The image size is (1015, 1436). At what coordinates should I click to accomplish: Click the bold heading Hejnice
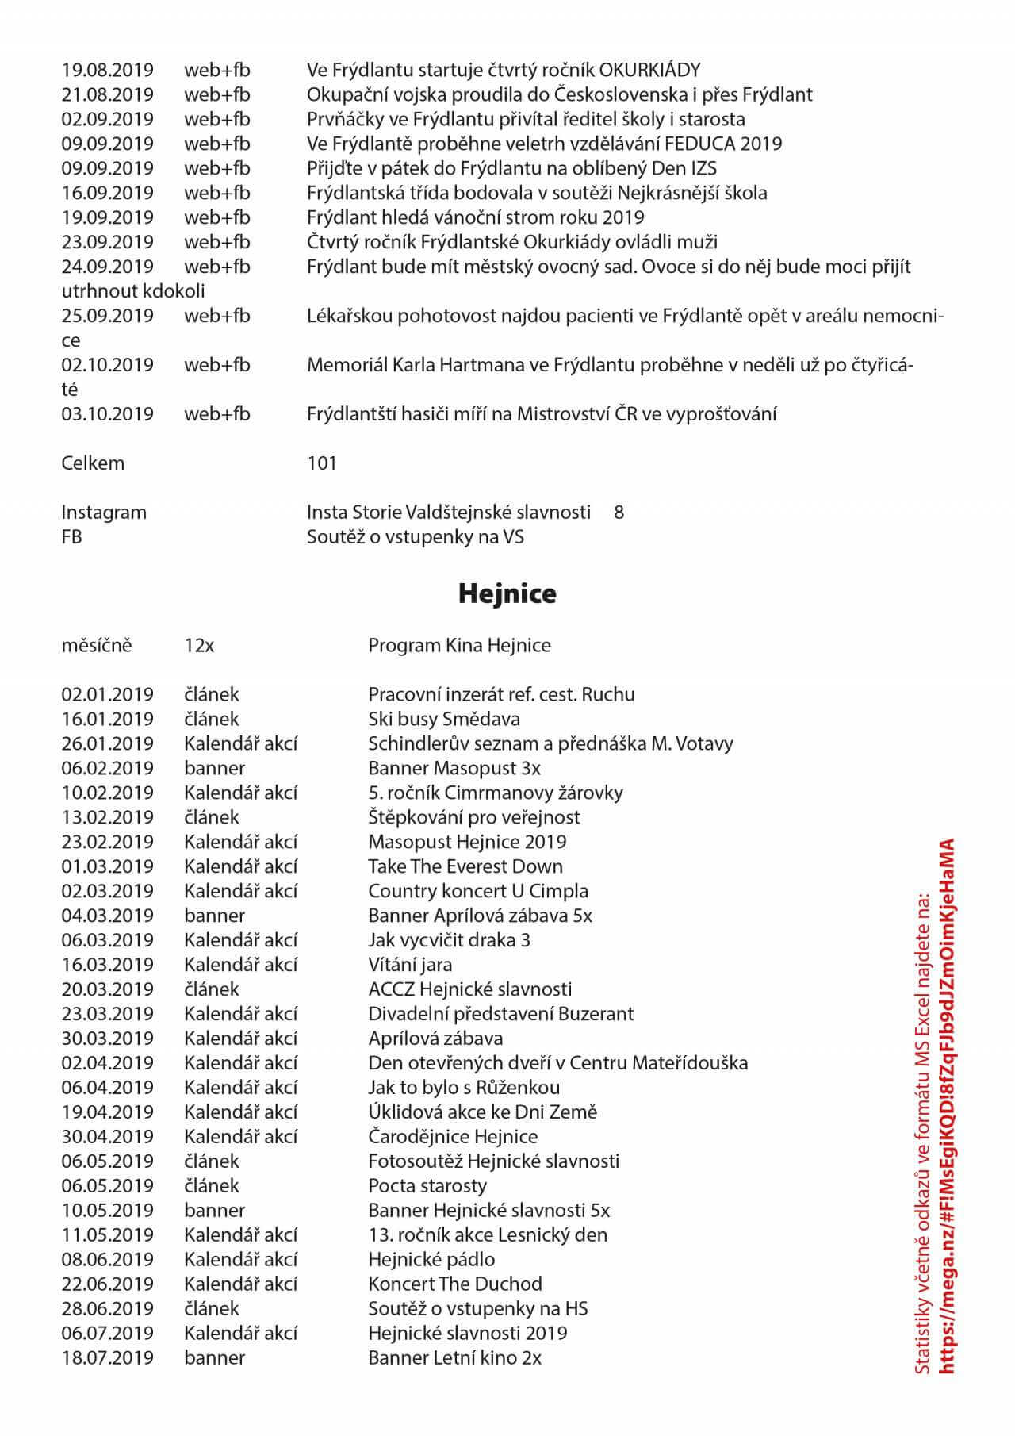507,593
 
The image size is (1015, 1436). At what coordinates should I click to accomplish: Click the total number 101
322,463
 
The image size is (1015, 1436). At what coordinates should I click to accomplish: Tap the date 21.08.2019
107,94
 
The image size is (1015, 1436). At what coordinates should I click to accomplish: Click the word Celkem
93,463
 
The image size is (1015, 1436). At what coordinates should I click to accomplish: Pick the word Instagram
104,513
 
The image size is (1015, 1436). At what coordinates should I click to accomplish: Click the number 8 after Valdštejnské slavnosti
619,513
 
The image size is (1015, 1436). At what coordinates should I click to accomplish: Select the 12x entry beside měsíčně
199,645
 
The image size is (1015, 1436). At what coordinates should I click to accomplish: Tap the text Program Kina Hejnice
459,645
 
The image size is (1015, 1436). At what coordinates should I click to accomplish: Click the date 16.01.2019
107,719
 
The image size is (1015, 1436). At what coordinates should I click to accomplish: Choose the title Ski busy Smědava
444,719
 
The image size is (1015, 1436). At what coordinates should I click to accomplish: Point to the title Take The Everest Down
465,866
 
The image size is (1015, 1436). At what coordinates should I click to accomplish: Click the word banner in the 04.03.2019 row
214,916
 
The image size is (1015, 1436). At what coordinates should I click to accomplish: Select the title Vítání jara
410,965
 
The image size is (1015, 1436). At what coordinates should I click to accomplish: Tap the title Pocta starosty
427,1186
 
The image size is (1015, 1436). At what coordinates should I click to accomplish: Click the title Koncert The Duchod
455,1284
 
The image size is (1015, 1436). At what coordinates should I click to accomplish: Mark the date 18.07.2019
107,1358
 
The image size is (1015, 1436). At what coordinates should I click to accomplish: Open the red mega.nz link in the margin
945,1111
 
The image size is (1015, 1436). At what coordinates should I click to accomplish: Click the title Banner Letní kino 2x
454,1358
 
